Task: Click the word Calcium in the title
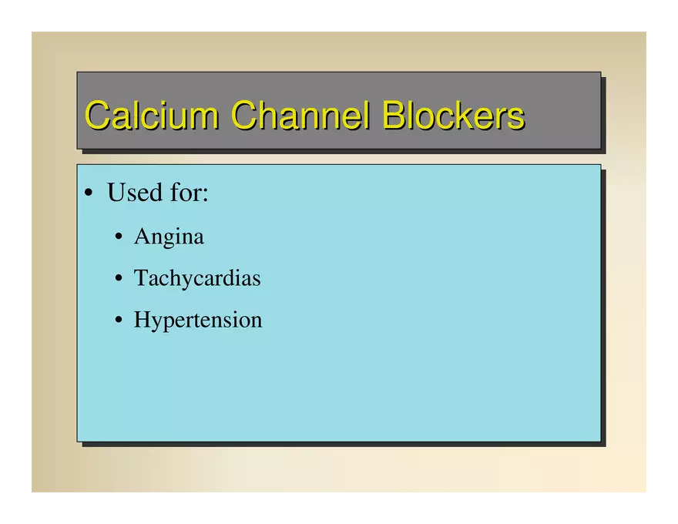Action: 152,115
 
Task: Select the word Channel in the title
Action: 300,115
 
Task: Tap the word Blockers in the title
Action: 454,115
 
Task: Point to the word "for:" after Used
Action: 189,192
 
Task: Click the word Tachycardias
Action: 197,278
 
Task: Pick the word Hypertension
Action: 198,321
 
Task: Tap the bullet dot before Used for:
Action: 89,193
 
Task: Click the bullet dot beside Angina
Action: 119,237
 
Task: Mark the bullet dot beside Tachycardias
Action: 119,278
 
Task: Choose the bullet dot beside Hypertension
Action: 119,320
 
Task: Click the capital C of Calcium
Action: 96,115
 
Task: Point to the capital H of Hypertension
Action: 143,319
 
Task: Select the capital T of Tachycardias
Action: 142,277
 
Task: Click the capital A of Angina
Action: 143,236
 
